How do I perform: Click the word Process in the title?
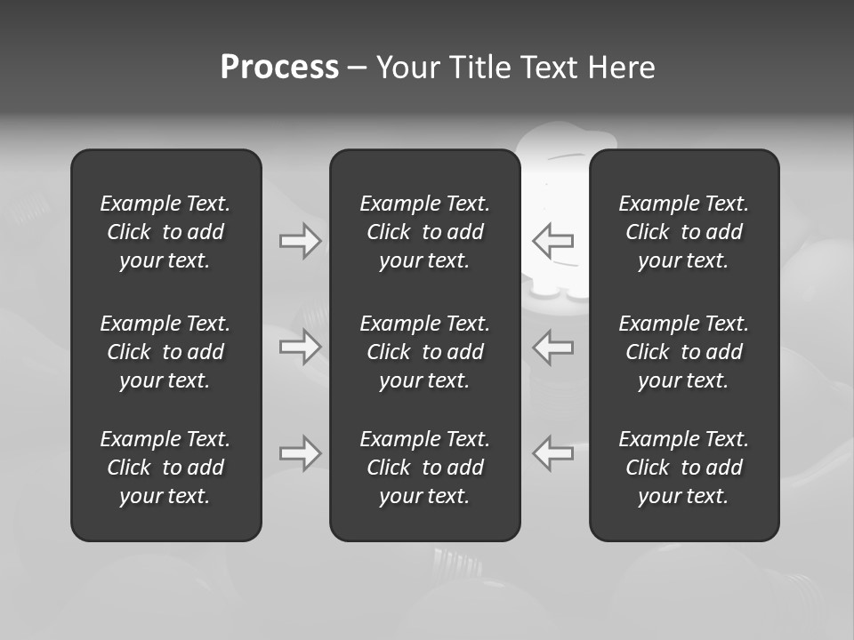(x=279, y=68)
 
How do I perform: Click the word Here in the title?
(x=621, y=68)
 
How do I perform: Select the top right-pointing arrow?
(x=300, y=241)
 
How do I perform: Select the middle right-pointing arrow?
(x=300, y=346)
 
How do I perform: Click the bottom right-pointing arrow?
(x=300, y=452)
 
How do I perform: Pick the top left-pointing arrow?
(x=553, y=241)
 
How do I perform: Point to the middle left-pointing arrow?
(x=553, y=346)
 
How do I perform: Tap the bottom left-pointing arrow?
(x=553, y=452)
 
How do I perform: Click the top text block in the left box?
(x=165, y=232)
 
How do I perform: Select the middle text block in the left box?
(x=165, y=352)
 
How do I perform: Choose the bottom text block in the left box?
(x=165, y=468)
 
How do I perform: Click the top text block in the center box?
(x=424, y=232)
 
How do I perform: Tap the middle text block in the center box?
(x=424, y=352)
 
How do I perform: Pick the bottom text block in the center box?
(x=424, y=468)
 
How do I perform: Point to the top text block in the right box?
(x=683, y=232)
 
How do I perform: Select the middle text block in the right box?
(x=683, y=352)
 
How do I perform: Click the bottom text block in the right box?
(x=683, y=468)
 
